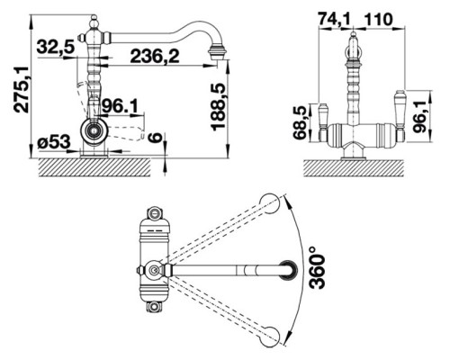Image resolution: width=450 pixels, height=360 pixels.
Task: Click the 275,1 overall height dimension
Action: coord(21,90)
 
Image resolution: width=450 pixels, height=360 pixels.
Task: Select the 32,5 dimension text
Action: coord(56,47)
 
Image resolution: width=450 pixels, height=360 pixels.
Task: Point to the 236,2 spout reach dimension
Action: coord(155,57)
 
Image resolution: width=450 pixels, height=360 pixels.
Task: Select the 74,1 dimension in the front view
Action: coord(335,20)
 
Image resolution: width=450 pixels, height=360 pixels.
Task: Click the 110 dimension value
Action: coord(378,20)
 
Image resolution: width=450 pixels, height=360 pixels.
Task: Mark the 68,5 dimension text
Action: coord(301,122)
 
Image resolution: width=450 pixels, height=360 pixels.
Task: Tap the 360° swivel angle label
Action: coord(317,268)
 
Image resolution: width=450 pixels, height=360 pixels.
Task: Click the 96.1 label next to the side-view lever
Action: coord(120,105)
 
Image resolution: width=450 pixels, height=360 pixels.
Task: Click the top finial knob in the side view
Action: coord(94,22)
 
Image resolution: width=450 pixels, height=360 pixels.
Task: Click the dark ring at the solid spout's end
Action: coord(289,270)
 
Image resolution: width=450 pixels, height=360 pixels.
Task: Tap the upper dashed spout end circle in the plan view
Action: coord(270,203)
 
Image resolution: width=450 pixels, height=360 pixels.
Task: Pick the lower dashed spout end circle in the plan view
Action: coord(270,336)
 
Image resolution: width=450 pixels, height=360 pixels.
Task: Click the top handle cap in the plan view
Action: coord(154,212)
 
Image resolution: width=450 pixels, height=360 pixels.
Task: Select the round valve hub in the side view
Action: coord(94,130)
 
